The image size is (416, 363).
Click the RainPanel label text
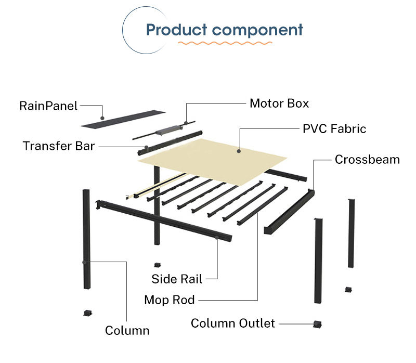click(48, 106)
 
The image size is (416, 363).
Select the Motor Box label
click(279, 103)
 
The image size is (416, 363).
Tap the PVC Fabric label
click(334, 128)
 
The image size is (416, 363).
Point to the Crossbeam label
click(367, 159)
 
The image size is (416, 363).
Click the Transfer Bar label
click(59, 146)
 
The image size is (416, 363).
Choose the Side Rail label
click(177, 279)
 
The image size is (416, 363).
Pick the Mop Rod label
click(170, 300)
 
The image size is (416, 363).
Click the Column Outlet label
click(232, 323)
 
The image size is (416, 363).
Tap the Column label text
click(127, 330)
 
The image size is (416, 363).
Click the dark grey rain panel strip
click(123, 120)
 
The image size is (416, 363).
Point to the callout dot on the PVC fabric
click(239, 151)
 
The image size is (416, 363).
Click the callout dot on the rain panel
click(103, 118)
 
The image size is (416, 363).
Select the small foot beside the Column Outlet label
click(317, 325)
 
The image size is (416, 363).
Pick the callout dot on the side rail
click(216, 238)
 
